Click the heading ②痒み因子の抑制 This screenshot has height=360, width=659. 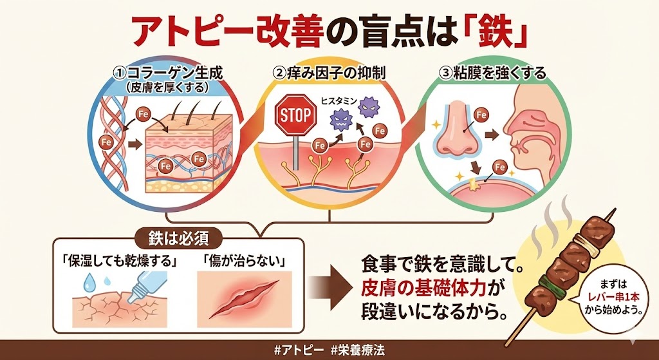329,73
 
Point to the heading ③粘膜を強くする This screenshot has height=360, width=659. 494,73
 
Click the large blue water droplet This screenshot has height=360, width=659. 89,281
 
